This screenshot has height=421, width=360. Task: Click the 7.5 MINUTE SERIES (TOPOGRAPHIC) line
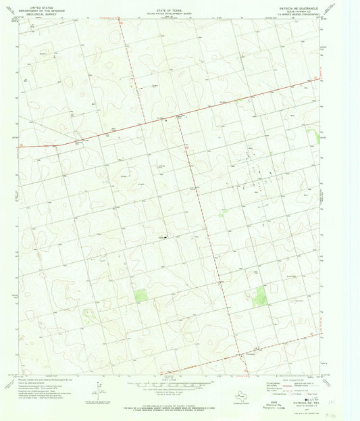pyautogui.click(x=278, y=14)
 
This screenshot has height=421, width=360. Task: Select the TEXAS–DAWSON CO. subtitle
pyautogui.click(x=278, y=11)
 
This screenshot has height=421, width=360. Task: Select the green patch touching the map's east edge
pyautogui.click(x=313, y=137)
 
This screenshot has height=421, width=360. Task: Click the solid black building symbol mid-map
pyautogui.click(x=162, y=237)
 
